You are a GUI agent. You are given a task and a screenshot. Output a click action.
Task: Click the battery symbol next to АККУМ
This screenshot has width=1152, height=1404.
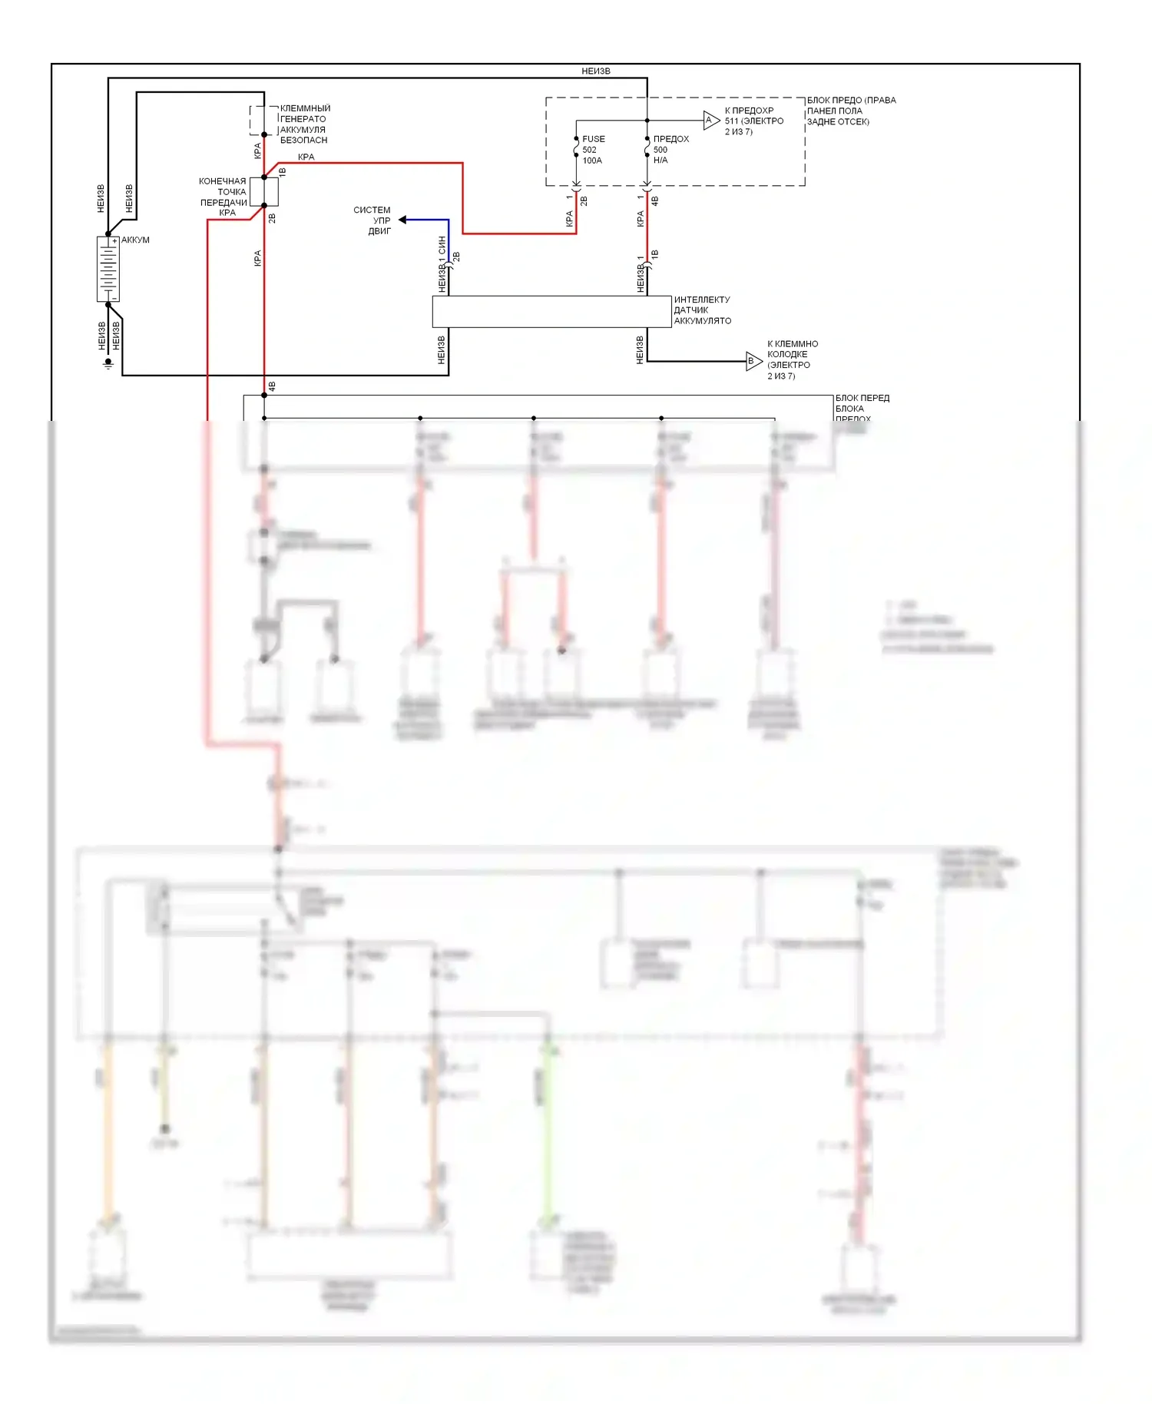[108, 269]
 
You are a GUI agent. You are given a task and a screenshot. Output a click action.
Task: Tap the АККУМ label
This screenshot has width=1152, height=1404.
[135, 240]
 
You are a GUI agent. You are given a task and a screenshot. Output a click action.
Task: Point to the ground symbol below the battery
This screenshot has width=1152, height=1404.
[108, 363]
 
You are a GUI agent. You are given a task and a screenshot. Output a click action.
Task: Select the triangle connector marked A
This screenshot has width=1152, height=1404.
[711, 120]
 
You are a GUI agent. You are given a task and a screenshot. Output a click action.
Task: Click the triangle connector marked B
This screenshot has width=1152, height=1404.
[753, 361]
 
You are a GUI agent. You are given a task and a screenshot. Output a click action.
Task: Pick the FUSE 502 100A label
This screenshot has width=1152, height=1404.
[593, 150]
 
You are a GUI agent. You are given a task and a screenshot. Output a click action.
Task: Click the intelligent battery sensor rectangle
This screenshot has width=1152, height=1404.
[551, 312]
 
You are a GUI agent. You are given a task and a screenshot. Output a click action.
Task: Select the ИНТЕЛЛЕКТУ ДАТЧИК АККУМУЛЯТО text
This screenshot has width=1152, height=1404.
[702, 310]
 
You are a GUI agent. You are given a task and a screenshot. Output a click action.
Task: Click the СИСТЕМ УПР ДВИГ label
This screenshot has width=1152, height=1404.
[372, 220]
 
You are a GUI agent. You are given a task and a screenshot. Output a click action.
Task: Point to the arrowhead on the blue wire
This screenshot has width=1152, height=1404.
[402, 220]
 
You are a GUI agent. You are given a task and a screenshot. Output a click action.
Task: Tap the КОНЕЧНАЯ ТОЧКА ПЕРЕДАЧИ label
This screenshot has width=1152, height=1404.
[223, 192]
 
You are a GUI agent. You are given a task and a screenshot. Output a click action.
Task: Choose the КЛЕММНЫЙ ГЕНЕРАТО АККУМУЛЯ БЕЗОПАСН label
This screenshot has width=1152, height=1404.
[304, 124]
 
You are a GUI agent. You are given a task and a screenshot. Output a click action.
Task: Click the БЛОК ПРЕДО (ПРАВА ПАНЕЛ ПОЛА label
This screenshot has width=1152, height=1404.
[850, 111]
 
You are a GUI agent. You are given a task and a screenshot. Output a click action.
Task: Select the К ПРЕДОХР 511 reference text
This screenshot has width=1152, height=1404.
[753, 121]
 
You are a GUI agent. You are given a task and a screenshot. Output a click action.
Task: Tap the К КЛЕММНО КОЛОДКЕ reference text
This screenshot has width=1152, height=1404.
[792, 359]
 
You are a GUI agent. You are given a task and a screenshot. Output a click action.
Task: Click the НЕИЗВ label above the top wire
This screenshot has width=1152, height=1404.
[596, 71]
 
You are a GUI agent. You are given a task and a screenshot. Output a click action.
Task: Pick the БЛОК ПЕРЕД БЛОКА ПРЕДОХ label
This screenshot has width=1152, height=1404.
[862, 408]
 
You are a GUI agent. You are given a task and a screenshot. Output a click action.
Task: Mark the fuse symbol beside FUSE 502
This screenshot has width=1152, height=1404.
[576, 147]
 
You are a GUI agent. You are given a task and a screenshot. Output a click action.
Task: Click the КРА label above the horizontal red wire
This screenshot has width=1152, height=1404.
[306, 157]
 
